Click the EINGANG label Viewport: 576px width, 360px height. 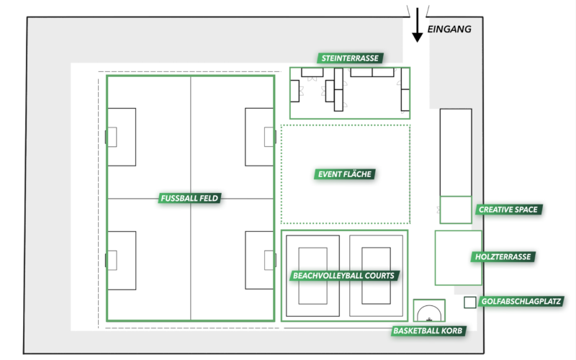(449, 30)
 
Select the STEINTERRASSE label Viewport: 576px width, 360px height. (349, 58)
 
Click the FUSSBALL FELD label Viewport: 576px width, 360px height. (190, 198)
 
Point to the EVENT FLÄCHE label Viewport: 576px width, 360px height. (346, 174)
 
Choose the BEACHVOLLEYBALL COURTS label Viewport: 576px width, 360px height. (346, 275)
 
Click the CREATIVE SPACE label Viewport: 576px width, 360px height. (508, 210)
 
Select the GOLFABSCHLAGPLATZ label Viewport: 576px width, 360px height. (521, 302)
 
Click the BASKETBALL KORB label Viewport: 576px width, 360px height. (429, 331)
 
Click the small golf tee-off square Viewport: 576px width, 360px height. (469, 302)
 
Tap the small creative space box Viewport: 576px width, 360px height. (456, 210)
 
